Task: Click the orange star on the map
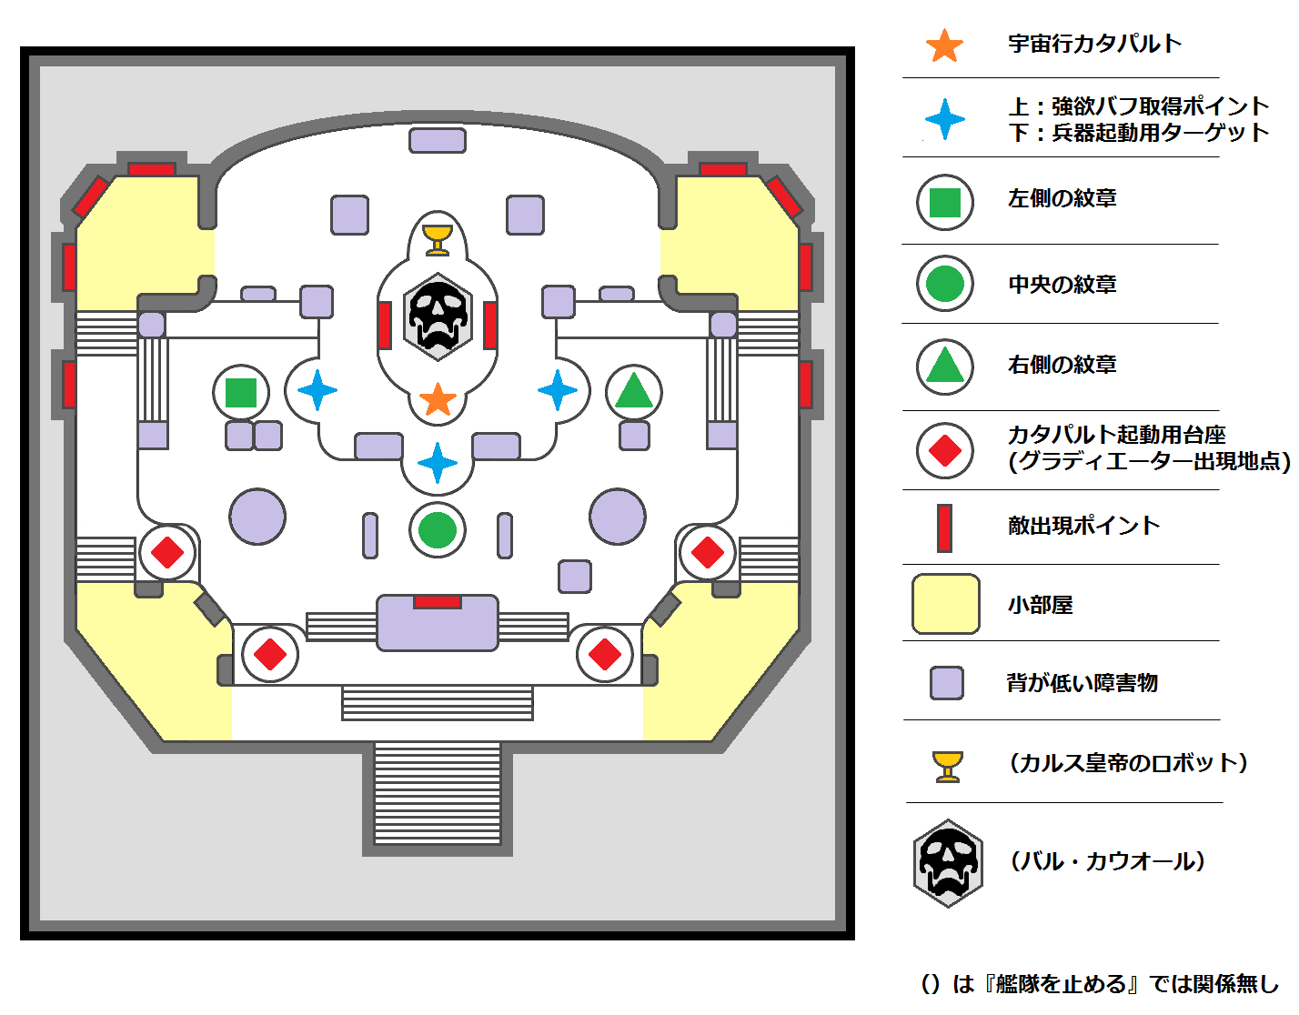pyautogui.click(x=438, y=399)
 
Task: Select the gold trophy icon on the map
pyautogui.click(x=438, y=239)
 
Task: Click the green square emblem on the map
pyautogui.click(x=241, y=393)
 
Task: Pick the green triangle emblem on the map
pyautogui.click(x=634, y=392)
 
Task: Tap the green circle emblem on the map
pyautogui.click(x=438, y=530)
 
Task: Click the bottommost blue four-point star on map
pyautogui.click(x=438, y=463)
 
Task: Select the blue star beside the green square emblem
pyautogui.click(x=317, y=390)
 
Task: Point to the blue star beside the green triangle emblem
pyautogui.click(x=558, y=390)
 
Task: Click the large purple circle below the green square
pyautogui.click(x=257, y=516)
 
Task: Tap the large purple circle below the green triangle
pyautogui.click(x=618, y=516)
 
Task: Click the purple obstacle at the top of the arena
pyautogui.click(x=438, y=140)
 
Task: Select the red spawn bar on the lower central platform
pyautogui.click(x=438, y=602)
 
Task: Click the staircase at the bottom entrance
pyautogui.click(x=438, y=793)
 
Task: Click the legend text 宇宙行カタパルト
pyautogui.click(x=1094, y=44)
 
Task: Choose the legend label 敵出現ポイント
pyautogui.click(x=1083, y=526)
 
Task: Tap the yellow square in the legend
pyautogui.click(x=946, y=604)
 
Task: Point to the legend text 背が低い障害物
pyautogui.click(x=1082, y=683)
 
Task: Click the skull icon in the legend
pyautogui.click(x=948, y=863)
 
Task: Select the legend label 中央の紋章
pyautogui.click(x=1062, y=285)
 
